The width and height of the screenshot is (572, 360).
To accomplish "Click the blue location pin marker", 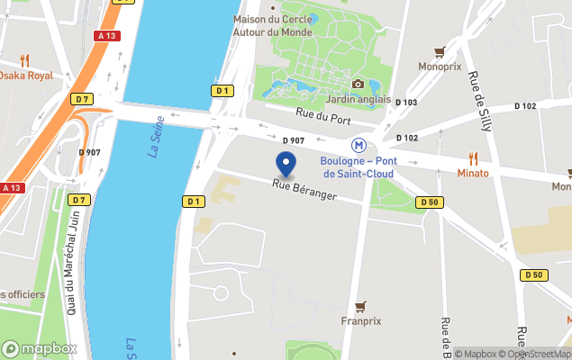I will pyautogui.click(x=286, y=164).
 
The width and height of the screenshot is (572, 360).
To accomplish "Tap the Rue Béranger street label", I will pyautogui.click(x=304, y=189).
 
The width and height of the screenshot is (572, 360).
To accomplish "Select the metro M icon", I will pyautogui.click(x=359, y=145).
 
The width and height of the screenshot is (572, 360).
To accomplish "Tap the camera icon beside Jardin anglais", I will pyautogui.click(x=359, y=85).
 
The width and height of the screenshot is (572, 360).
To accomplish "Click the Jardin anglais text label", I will pyautogui.click(x=358, y=99).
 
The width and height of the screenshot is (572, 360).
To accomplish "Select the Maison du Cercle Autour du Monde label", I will pyautogui.click(x=272, y=25).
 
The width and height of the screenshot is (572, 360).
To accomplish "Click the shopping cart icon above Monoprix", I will pyautogui.click(x=440, y=52).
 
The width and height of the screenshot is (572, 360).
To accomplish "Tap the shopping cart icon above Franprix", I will pyautogui.click(x=361, y=306).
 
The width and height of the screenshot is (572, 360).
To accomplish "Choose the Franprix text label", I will pyautogui.click(x=360, y=320).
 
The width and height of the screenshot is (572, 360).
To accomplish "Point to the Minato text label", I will pyautogui.click(x=472, y=173).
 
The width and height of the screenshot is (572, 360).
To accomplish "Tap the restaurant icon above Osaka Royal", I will pyautogui.click(x=24, y=60).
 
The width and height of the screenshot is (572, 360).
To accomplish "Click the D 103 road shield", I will pyautogui.click(x=406, y=103).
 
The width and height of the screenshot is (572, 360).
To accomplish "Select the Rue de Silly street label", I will pyautogui.click(x=476, y=94).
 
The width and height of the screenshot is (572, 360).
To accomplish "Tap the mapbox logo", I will pyautogui.click(x=40, y=349).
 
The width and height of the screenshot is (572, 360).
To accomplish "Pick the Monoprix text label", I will pyautogui.click(x=440, y=67).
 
